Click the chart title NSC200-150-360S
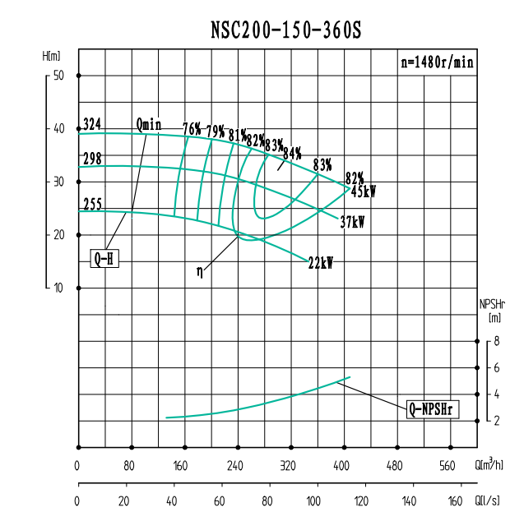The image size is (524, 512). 285,30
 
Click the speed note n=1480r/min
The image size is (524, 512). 436,62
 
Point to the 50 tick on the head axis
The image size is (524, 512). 58,76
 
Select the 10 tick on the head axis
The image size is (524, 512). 58,288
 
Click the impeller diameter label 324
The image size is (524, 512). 92,124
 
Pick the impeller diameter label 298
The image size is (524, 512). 92,159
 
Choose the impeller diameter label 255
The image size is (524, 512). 92,205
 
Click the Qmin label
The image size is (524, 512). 149,125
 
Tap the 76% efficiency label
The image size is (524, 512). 192,129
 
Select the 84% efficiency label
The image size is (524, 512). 292,153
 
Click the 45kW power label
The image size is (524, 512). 364,192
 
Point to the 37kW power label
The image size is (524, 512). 352,222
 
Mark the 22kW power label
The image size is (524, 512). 320,263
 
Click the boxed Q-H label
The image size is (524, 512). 104,259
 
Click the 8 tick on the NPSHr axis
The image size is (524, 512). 497,341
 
